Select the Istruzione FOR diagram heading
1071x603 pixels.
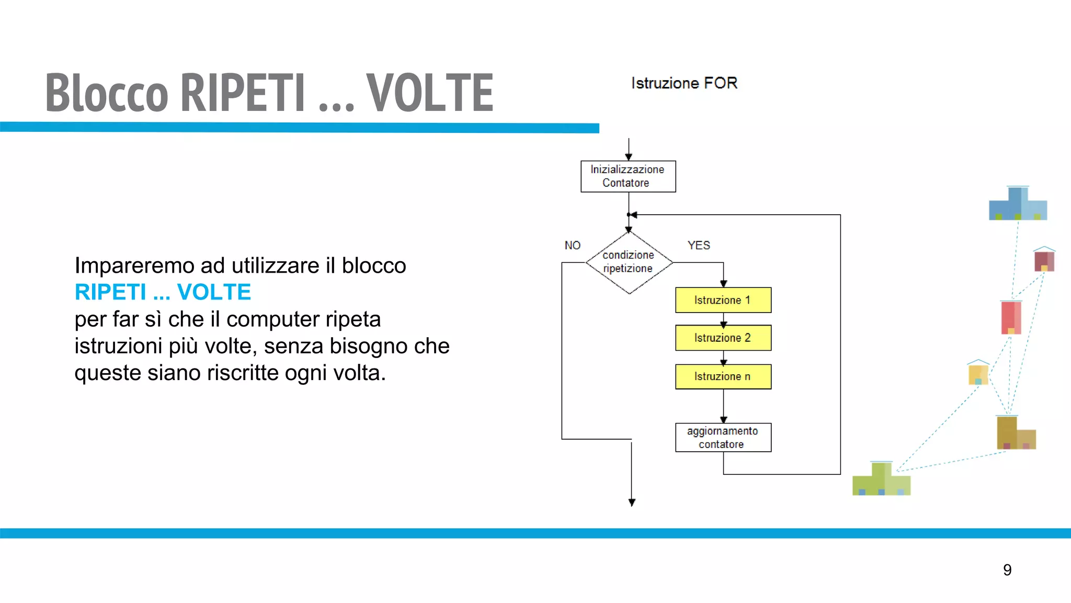click(x=684, y=83)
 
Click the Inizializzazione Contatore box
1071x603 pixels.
click(x=628, y=176)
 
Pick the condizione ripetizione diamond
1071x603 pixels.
click(x=629, y=262)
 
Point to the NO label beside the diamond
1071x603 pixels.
click(x=572, y=245)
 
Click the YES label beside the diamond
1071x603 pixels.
click(x=698, y=245)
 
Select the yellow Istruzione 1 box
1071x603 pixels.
click(x=723, y=300)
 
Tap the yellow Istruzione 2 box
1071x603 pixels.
click(x=723, y=338)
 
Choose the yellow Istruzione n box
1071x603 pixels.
click(x=723, y=376)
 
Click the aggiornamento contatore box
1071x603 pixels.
click(x=723, y=437)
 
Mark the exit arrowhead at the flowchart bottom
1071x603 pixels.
click(x=632, y=502)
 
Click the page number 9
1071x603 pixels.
click(x=1007, y=569)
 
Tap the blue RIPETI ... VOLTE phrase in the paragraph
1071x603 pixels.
click(x=163, y=292)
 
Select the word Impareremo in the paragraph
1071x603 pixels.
click(x=134, y=266)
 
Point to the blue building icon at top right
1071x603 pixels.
click(x=1018, y=205)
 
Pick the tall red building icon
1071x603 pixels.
click(x=1010, y=317)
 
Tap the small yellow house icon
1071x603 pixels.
click(x=978, y=374)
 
